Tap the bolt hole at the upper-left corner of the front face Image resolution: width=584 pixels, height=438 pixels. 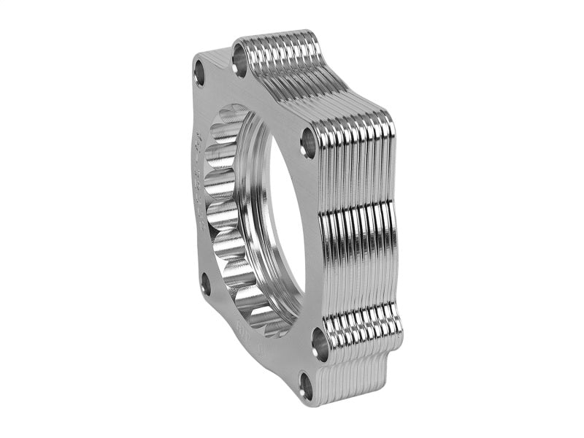pos(200,71)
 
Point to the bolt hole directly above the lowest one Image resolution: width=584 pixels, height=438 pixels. pos(319,339)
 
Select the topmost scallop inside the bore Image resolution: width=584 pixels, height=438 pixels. pos(241,124)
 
